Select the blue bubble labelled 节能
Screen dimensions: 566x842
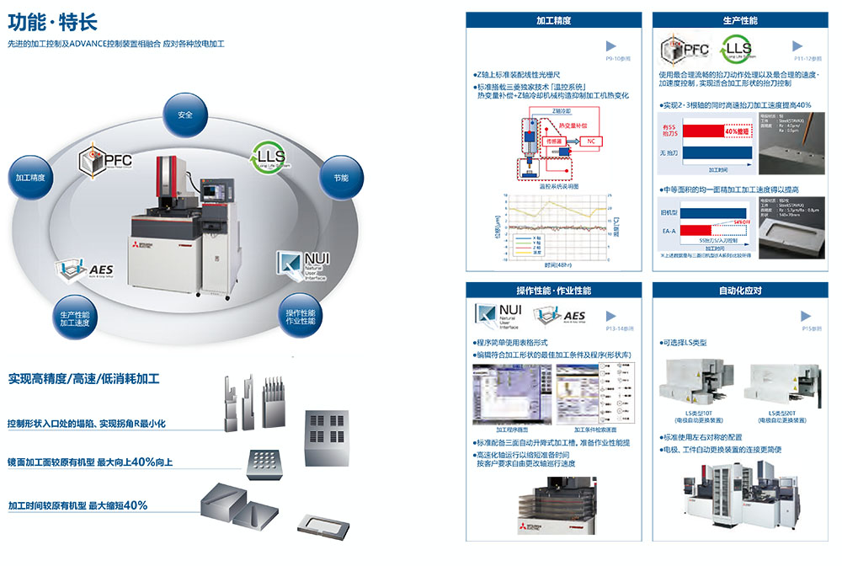pos(341,177)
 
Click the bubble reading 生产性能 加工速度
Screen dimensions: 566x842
pos(75,318)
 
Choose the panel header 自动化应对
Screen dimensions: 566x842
pos(740,291)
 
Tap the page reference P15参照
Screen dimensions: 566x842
pos(811,328)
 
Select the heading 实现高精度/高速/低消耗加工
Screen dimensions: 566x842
pos(83,379)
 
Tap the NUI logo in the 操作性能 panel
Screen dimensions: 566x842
pos(501,315)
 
